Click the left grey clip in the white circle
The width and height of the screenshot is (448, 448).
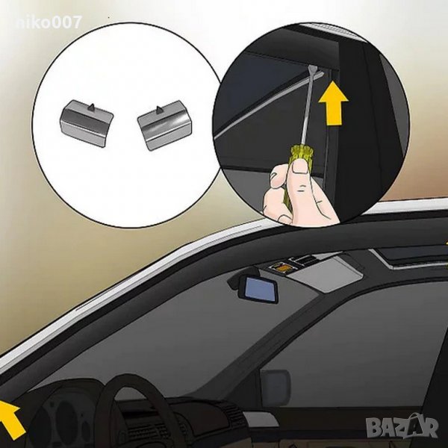click(x=87, y=123)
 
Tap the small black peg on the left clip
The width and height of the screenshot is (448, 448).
click(x=90, y=107)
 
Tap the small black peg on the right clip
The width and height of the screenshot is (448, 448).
click(x=158, y=109)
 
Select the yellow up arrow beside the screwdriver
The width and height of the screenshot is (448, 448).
click(x=334, y=102)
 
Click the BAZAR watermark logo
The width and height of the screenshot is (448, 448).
click(x=402, y=427)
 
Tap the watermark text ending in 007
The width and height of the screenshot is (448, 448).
click(x=49, y=22)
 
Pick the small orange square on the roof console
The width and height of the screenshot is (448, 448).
click(x=281, y=268)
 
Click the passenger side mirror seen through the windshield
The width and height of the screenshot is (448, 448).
click(x=276, y=385)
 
